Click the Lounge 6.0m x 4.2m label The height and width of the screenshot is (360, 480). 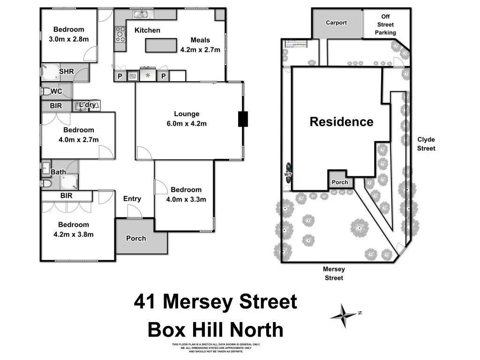(x=187, y=119)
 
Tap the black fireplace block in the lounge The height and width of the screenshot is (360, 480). (x=243, y=119)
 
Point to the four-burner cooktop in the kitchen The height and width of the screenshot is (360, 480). (x=120, y=34)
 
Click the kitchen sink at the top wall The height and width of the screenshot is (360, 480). (x=140, y=15)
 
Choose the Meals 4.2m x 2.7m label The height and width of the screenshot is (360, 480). (x=200, y=45)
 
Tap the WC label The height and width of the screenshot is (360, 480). (x=56, y=91)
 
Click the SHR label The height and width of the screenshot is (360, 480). (x=67, y=71)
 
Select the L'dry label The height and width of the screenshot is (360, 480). (x=87, y=105)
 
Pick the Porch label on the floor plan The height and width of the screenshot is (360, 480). (x=136, y=238)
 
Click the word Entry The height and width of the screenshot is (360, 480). (x=132, y=199)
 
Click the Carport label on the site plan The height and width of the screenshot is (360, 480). (x=337, y=22)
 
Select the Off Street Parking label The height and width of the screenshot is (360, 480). (x=385, y=24)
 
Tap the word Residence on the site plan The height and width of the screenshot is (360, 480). (x=341, y=122)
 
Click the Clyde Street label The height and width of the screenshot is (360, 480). (x=426, y=144)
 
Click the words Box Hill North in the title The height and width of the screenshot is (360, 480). (x=216, y=330)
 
